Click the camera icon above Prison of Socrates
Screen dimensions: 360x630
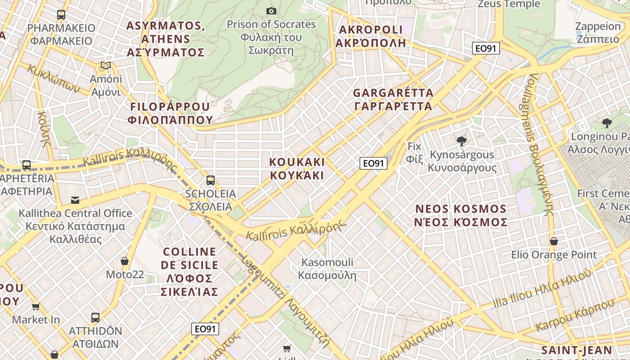pos(271,11)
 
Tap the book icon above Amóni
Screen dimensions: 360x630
pos(106,66)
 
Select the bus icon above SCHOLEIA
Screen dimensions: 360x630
pos(210,180)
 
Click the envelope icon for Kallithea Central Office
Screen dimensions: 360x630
pos(75,200)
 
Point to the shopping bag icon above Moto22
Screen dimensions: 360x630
pos(125,261)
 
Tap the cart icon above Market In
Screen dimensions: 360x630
pos(36,307)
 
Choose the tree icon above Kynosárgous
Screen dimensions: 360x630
pos(461,141)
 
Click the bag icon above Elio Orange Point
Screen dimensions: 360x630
pos(554,241)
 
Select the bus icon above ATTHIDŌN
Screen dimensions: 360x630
pos(95,318)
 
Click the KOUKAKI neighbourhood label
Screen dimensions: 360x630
pos(297,168)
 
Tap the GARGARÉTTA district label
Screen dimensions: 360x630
pos(393,99)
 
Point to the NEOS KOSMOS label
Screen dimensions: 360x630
pos(462,215)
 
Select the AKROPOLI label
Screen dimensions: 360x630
pos(371,36)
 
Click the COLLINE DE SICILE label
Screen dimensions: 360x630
pos(189,272)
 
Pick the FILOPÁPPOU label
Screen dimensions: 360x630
pos(170,113)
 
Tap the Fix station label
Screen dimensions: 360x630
pos(414,152)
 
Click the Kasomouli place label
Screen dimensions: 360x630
pos(327,269)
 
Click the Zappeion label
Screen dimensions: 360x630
pos(598,32)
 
